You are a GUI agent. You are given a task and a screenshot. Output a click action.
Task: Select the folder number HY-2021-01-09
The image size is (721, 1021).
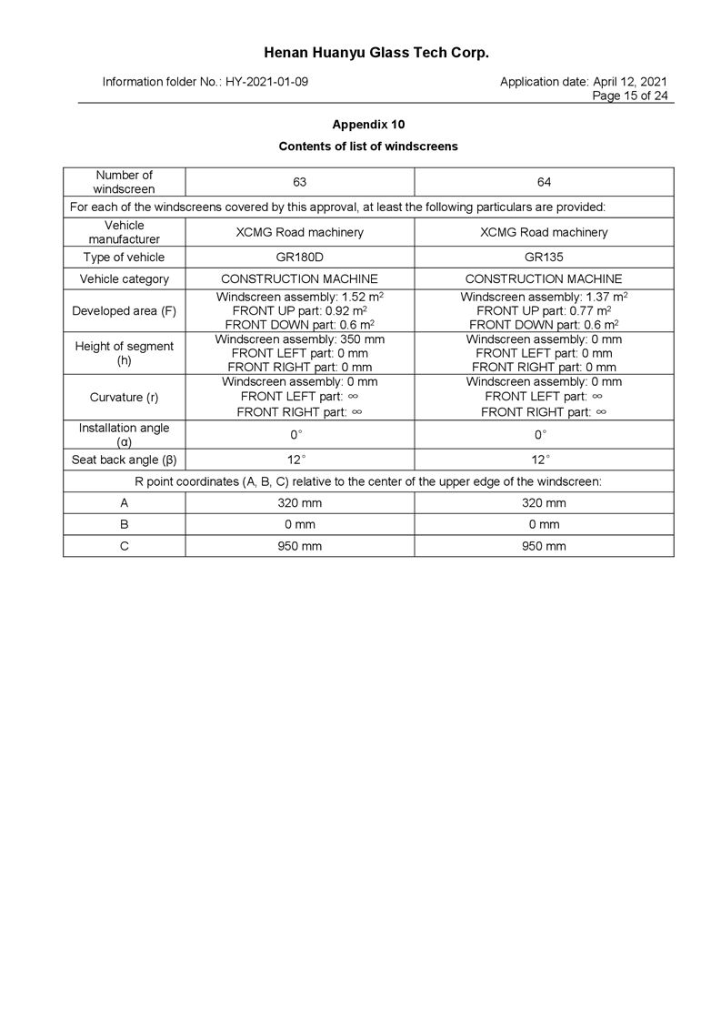[x=266, y=82]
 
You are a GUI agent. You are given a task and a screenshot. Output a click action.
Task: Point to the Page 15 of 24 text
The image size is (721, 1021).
[x=629, y=96]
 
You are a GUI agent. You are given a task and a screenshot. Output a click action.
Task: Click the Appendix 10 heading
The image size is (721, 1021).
[x=368, y=124]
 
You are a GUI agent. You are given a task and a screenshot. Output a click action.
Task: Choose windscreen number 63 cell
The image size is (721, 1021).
[x=299, y=182]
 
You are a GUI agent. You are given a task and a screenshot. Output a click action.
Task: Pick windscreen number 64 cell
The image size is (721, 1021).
[x=544, y=182]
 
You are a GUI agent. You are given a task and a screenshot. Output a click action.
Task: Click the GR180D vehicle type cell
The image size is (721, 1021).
[x=299, y=258]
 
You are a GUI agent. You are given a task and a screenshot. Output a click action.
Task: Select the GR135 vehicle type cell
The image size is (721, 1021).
[x=544, y=258]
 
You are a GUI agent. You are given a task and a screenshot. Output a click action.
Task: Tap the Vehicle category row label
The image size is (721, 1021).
[x=124, y=279]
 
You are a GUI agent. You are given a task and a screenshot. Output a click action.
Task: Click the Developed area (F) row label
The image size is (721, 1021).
[x=124, y=311]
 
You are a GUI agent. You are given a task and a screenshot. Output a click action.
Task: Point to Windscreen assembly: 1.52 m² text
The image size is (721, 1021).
[x=299, y=298]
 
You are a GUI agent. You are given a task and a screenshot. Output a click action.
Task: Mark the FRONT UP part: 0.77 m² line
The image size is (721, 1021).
[x=544, y=311]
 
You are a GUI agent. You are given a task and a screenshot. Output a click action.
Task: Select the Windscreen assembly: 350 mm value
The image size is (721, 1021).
[x=299, y=339]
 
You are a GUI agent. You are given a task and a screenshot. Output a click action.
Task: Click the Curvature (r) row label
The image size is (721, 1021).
[x=124, y=398]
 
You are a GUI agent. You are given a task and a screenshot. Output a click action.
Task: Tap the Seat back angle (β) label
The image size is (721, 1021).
[x=124, y=460]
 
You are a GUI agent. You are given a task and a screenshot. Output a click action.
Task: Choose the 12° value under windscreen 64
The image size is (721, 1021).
[x=544, y=460]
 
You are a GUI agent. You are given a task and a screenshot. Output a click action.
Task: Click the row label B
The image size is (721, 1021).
[x=124, y=524]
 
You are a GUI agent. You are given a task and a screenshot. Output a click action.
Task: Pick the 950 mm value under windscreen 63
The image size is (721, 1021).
[x=299, y=546]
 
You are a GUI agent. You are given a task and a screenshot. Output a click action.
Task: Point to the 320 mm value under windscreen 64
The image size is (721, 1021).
[x=544, y=502]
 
